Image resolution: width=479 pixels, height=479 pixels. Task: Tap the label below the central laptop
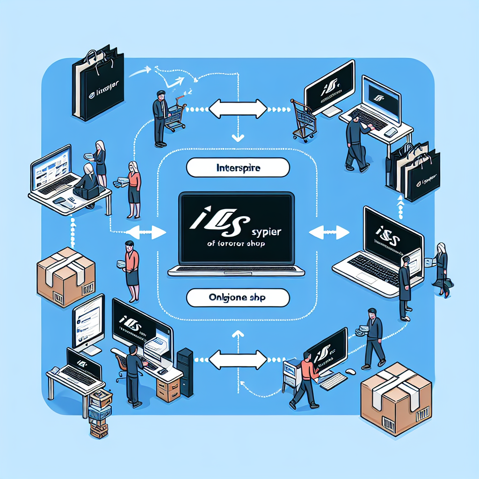pyautogui.click(x=238, y=298)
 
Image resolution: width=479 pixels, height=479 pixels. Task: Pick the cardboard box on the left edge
pyautogui.click(x=65, y=278)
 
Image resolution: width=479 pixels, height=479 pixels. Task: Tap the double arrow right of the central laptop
pyautogui.click(x=329, y=231)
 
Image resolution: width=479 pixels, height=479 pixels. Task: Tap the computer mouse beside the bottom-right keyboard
pyautogui.click(x=349, y=372)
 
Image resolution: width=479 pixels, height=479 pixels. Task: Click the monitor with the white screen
pyautogui.click(x=88, y=318)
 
